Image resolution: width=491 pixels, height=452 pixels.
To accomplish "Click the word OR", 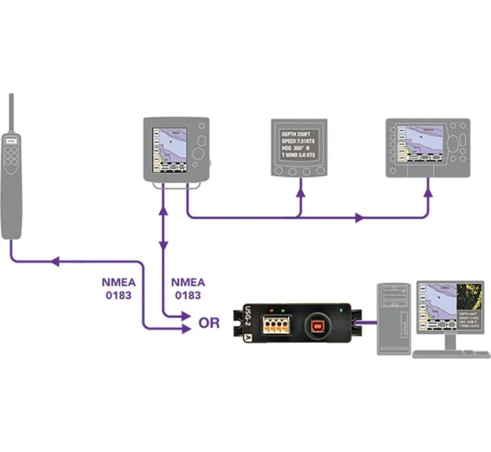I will point(209,323).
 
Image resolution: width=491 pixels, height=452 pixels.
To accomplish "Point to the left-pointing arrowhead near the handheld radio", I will point(55,262).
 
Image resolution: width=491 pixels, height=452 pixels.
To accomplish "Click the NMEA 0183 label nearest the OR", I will point(188,288).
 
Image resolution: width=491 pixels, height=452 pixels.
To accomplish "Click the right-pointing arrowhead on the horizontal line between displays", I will point(360,218).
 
